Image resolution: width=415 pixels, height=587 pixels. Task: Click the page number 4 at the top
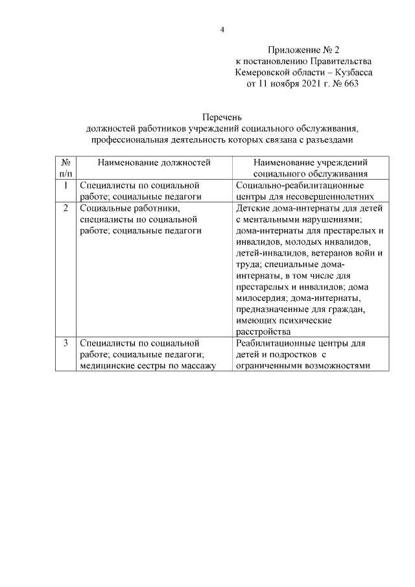click(222, 30)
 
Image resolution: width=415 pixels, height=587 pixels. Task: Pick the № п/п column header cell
click(65, 167)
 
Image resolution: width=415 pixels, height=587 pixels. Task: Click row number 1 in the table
click(65, 186)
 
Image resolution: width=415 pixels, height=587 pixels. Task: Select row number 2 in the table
click(65, 208)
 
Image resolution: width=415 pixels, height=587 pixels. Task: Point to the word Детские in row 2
click(253, 208)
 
